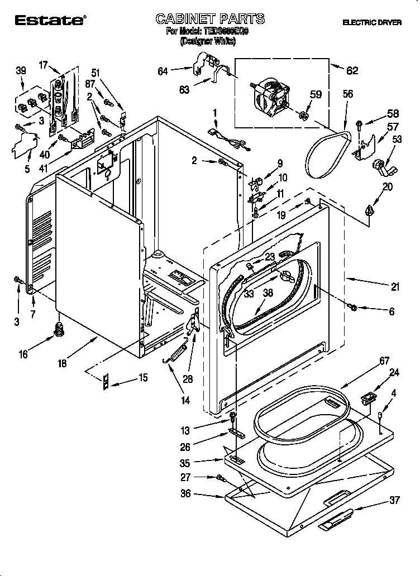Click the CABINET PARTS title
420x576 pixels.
[209, 19]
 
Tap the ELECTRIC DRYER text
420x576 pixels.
[373, 22]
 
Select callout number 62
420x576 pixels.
[352, 70]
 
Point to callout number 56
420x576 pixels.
[347, 94]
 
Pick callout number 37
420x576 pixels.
[394, 500]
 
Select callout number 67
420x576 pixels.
[384, 362]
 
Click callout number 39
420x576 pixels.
[21, 70]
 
